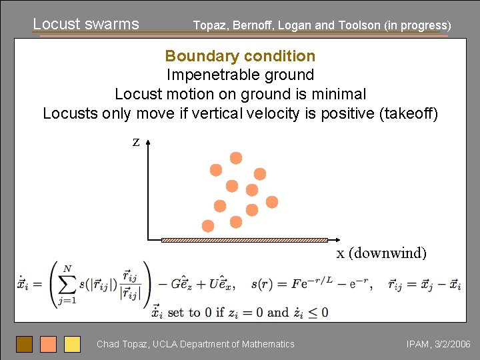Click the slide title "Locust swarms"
(x=86, y=24)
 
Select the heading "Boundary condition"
(x=240, y=56)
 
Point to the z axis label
(x=135, y=142)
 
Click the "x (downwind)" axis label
(x=381, y=253)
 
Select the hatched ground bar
(x=244, y=239)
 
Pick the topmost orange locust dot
(x=236, y=158)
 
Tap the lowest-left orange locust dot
(x=208, y=226)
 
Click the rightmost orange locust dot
(x=272, y=201)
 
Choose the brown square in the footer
(x=24, y=344)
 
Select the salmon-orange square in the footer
(x=48, y=344)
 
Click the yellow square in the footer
(x=72, y=344)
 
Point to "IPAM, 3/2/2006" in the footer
(x=438, y=344)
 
